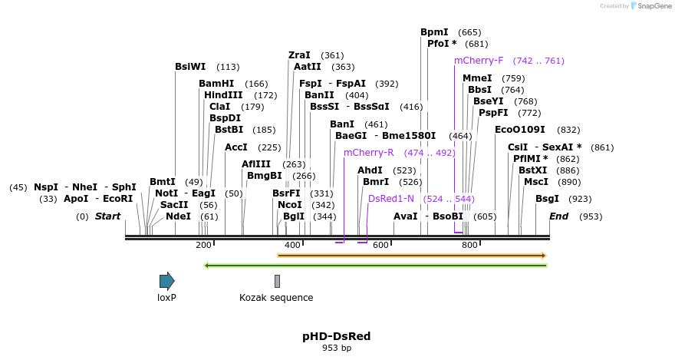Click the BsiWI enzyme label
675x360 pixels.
click(x=190, y=67)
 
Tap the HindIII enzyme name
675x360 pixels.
click(x=223, y=95)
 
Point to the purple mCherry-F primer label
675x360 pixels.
click(x=479, y=61)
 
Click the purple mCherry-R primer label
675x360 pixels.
click(x=368, y=153)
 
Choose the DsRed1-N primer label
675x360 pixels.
click(x=390, y=199)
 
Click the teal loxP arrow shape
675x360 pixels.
click(x=166, y=281)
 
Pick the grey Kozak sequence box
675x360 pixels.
click(x=277, y=281)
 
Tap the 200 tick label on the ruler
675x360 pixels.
click(x=203, y=245)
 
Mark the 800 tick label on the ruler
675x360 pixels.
click(x=470, y=245)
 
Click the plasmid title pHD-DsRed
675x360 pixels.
click(x=337, y=336)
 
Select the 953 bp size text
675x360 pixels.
click(x=337, y=348)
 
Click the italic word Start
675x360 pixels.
click(x=107, y=216)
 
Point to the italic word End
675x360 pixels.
click(x=558, y=216)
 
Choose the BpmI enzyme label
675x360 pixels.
click(x=434, y=32)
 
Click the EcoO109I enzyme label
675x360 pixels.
click(x=520, y=130)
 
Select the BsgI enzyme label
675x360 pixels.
click(x=547, y=199)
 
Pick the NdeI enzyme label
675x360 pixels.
click(x=178, y=216)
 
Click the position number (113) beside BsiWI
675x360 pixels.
click(x=228, y=67)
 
